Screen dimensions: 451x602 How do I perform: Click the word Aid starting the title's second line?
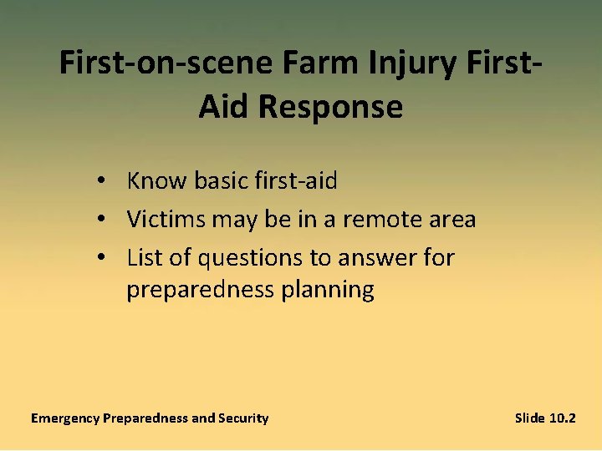click(223, 107)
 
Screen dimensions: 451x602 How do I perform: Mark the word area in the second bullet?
click(451, 220)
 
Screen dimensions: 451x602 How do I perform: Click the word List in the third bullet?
click(142, 258)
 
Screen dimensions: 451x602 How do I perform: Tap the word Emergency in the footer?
click(65, 418)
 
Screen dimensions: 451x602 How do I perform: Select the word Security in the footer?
click(243, 418)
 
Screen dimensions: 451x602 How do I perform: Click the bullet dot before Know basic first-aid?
click(99, 180)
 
